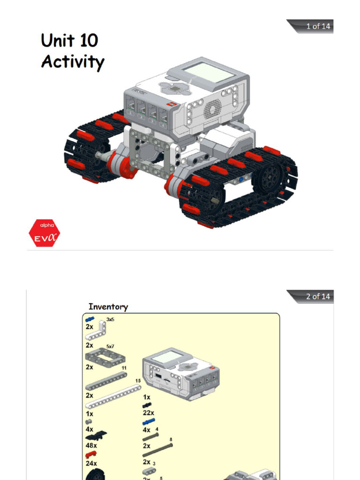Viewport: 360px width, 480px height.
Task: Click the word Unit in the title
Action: [x=57, y=40]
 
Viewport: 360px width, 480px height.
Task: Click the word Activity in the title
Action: [x=72, y=61]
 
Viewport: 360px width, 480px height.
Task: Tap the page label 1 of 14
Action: [x=318, y=26]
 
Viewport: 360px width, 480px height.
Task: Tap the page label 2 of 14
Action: [x=318, y=296]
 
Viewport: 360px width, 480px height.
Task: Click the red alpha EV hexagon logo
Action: [x=44, y=233]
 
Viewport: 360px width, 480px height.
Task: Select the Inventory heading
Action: [x=108, y=307]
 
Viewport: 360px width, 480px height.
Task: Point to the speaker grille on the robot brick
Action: [x=212, y=110]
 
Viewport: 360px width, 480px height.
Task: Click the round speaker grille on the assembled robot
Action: [x=212, y=110]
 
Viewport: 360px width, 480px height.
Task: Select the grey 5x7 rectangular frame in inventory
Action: [x=105, y=357]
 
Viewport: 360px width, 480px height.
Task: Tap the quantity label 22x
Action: [x=149, y=413]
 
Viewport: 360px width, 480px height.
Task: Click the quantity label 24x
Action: [x=91, y=463]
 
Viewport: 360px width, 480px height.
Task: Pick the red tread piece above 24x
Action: [x=90, y=455]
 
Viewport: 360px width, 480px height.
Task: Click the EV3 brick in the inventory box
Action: [x=181, y=373]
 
